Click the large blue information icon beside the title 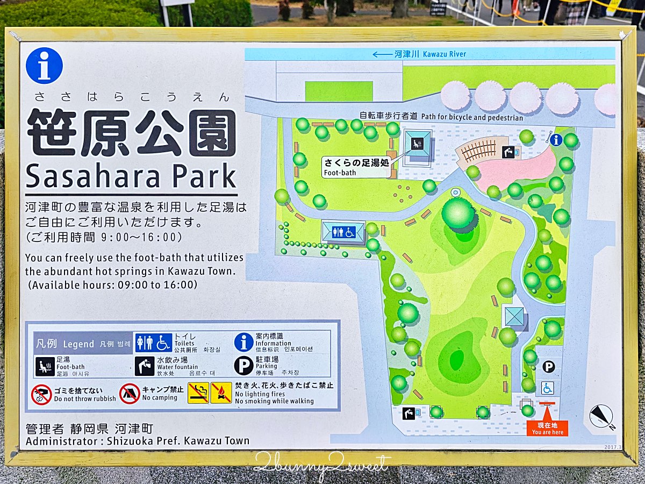tap(44, 66)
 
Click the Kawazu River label tap(430, 54)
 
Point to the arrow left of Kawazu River tap(382, 54)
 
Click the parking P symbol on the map tap(548, 367)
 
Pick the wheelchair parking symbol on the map tap(547, 388)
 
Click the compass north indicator tap(601, 417)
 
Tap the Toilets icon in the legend tap(153, 343)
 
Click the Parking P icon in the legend tap(243, 366)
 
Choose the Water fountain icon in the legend tap(144, 366)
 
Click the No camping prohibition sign tap(130, 394)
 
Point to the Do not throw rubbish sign tap(41, 395)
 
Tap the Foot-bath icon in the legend tap(45, 366)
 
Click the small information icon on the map tap(556, 140)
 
